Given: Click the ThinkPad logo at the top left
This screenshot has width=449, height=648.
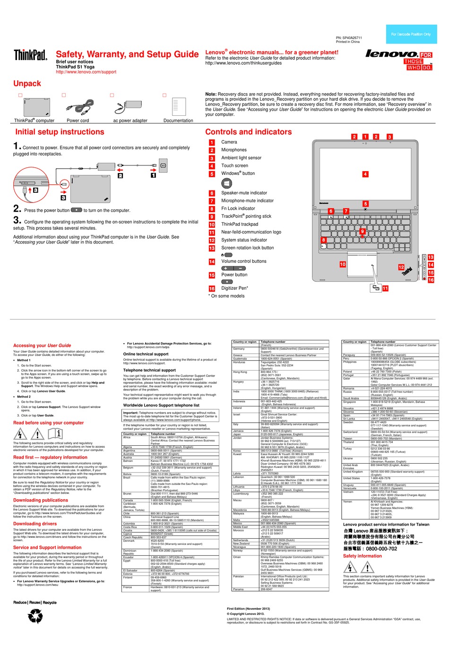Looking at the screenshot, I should click(x=30, y=55).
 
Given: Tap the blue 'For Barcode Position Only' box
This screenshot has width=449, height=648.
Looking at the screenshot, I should click(x=411, y=34).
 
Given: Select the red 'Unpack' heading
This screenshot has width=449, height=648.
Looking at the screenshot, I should click(x=27, y=84).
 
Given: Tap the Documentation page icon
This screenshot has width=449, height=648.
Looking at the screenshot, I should click(x=179, y=107).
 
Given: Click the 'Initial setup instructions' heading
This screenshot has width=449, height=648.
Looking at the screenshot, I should click(x=60, y=132).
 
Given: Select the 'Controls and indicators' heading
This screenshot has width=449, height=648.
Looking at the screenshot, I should click(x=248, y=132).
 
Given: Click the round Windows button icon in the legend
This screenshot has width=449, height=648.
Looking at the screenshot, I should click(x=226, y=183).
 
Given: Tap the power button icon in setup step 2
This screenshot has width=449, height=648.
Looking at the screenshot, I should click(x=76, y=210).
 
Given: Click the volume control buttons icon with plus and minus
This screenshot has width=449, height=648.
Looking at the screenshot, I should click(x=233, y=268).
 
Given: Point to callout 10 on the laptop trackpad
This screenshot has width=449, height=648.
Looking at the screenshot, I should click(x=343, y=265).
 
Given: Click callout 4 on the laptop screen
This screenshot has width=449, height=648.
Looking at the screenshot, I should click(x=365, y=174).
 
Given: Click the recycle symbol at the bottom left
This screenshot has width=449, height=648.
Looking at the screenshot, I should click(x=35, y=616).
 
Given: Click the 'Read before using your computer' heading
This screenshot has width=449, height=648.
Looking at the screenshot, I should click(x=48, y=423).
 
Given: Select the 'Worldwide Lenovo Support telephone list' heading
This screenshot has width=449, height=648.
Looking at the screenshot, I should click(x=161, y=405).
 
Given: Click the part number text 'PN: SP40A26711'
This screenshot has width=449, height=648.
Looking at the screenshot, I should click(x=349, y=38).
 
